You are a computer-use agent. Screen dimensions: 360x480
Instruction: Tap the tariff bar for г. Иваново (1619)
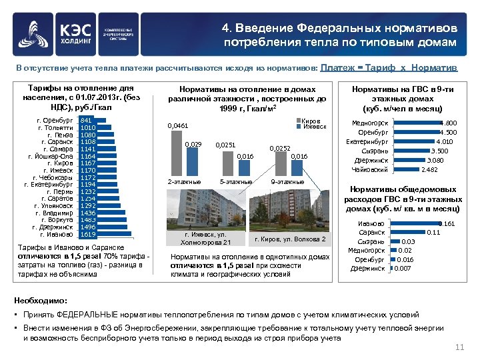(x=87, y=235)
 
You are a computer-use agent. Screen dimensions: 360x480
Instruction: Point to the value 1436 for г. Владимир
(x=87, y=213)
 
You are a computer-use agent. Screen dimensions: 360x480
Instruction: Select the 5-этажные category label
(x=235, y=181)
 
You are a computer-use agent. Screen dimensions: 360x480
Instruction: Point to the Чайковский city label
(x=369, y=169)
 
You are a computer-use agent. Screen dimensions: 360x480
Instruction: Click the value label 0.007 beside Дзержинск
(x=403, y=269)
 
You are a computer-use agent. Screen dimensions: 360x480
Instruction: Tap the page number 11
(x=459, y=348)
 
